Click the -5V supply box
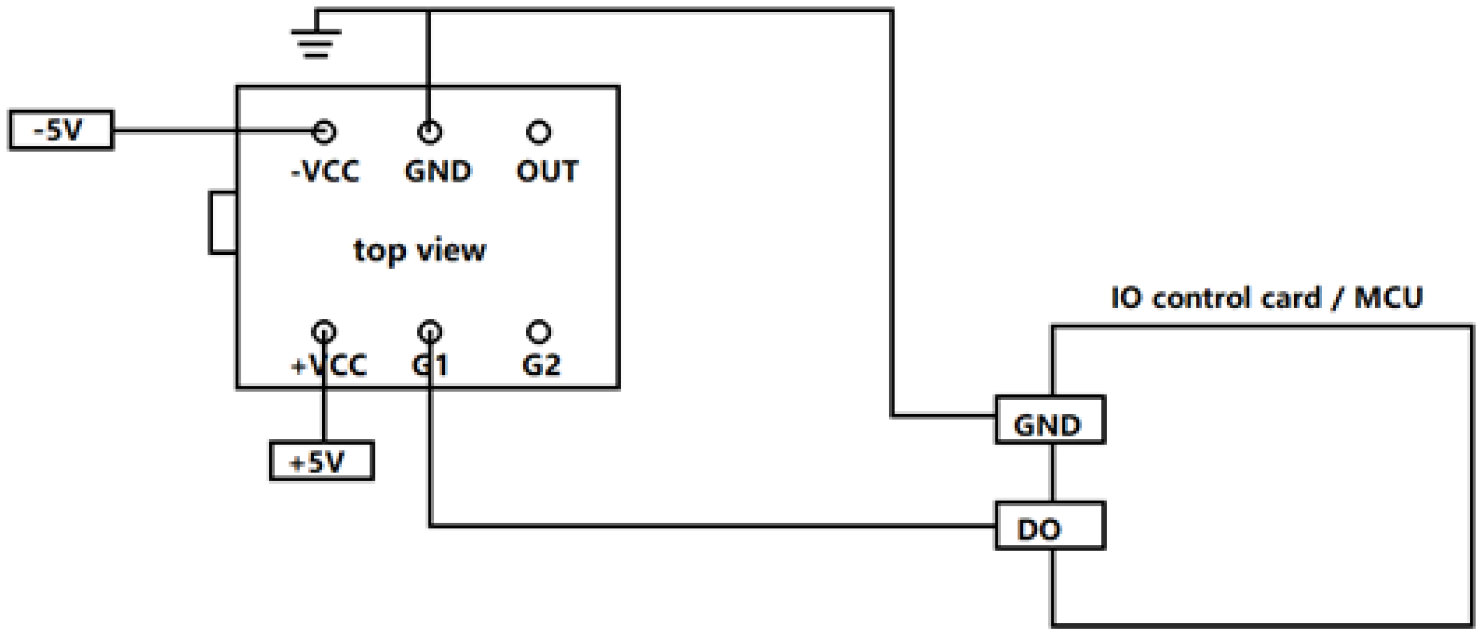[61, 130]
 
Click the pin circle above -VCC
[324, 132]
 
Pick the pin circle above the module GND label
[430, 132]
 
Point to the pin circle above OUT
[539, 132]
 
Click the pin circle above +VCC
[324, 332]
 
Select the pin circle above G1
[430, 332]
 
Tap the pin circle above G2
[539, 332]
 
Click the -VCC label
[325, 171]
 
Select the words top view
[420, 250]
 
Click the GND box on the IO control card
[1050, 420]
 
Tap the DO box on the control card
[1050, 526]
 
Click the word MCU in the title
[1388, 298]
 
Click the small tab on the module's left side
[223, 223]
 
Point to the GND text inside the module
[438, 171]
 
